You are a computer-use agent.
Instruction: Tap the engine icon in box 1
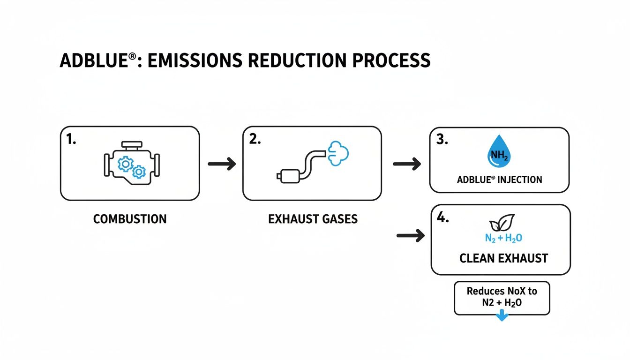pos(130,164)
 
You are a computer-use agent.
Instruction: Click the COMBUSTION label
pos(130,219)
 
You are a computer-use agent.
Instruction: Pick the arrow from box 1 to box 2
pos(221,164)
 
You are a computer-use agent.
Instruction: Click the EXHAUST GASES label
pos(313,219)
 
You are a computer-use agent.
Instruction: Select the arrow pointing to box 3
pos(406,164)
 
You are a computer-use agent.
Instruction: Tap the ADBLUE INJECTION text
pos(499,180)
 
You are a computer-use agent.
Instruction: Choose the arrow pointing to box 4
pos(410,235)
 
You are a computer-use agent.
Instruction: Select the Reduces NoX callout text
pos(502,297)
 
